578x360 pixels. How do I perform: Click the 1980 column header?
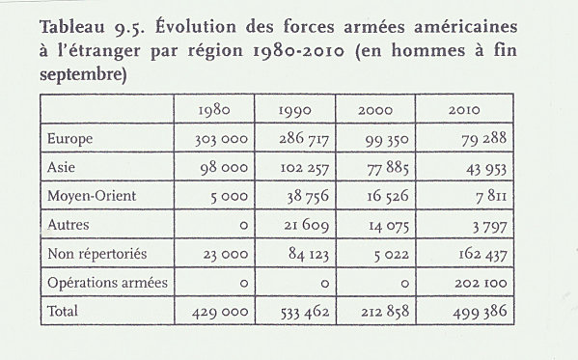(x=214, y=110)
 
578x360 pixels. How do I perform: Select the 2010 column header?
(x=464, y=110)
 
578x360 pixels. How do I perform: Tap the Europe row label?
(x=69, y=139)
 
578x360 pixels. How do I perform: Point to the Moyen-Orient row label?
(x=92, y=196)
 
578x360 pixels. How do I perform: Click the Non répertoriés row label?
(x=97, y=254)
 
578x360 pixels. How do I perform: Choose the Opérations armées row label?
(x=107, y=283)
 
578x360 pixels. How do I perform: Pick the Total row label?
(x=63, y=311)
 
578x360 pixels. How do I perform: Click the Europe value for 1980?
(x=221, y=139)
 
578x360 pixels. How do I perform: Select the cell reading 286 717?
(x=304, y=139)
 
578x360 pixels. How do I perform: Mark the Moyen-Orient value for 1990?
(x=308, y=196)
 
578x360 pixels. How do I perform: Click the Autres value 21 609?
(x=306, y=225)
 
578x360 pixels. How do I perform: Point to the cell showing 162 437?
(x=482, y=254)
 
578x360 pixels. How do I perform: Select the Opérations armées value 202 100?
(x=481, y=284)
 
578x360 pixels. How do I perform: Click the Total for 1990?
(x=305, y=312)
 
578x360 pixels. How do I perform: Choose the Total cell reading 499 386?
(x=480, y=312)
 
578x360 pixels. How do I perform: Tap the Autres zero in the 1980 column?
(x=244, y=226)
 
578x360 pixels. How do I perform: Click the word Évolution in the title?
(x=195, y=27)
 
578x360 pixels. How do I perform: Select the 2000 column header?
(x=375, y=110)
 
